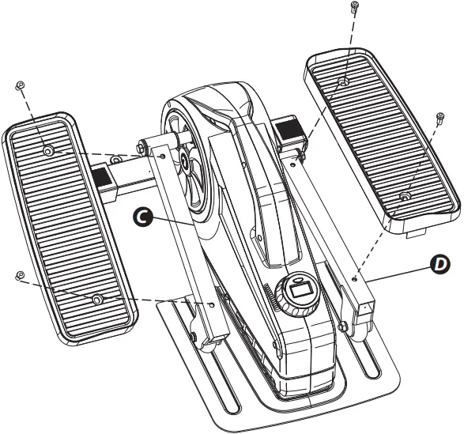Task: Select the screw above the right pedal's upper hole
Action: pyautogui.click(x=353, y=9)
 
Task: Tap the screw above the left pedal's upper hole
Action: pyautogui.click(x=19, y=86)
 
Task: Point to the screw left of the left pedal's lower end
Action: pyautogui.click(x=19, y=274)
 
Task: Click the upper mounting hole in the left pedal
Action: pyautogui.click(x=48, y=149)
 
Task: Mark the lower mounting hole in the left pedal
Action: pyautogui.click(x=96, y=299)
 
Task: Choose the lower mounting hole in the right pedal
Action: pyautogui.click(x=404, y=194)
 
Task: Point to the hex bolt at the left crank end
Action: pyautogui.click(x=141, y=146)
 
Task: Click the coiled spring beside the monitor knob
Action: pyautogui.click(x=274, y=300)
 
